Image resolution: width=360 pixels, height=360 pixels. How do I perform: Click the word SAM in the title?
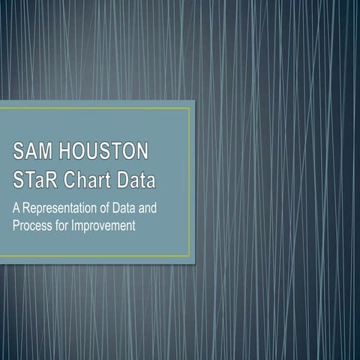[x=31, y=152]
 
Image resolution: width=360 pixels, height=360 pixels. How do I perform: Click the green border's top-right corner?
[x=189, y=109]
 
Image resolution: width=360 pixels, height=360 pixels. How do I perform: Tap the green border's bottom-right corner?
[x=189, y=256]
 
